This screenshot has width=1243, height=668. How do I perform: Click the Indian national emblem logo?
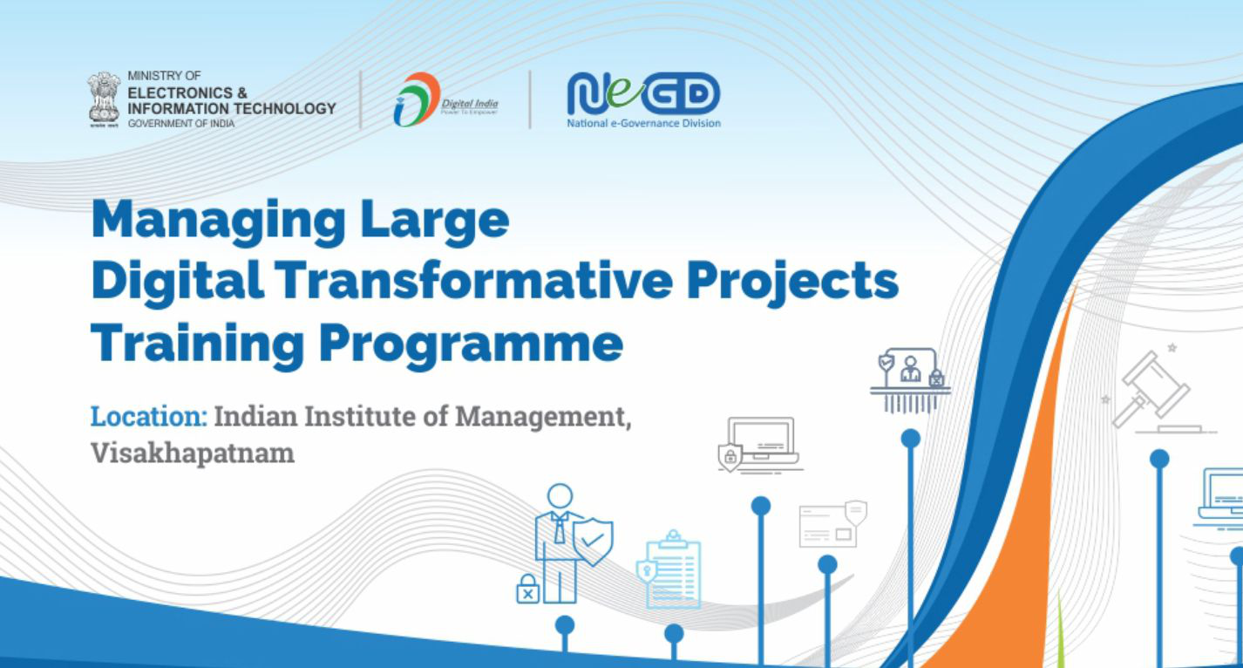104,99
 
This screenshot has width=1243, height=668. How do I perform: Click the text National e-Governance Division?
643,124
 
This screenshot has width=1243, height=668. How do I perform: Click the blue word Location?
148,416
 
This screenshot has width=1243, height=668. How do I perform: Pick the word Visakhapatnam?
193,453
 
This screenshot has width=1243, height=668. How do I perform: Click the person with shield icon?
567,536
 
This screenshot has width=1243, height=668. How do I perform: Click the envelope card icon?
832,524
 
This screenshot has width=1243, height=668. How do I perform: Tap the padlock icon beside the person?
528,590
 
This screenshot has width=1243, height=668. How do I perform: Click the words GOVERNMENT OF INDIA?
180,124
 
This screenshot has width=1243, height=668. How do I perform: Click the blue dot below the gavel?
1159,458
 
